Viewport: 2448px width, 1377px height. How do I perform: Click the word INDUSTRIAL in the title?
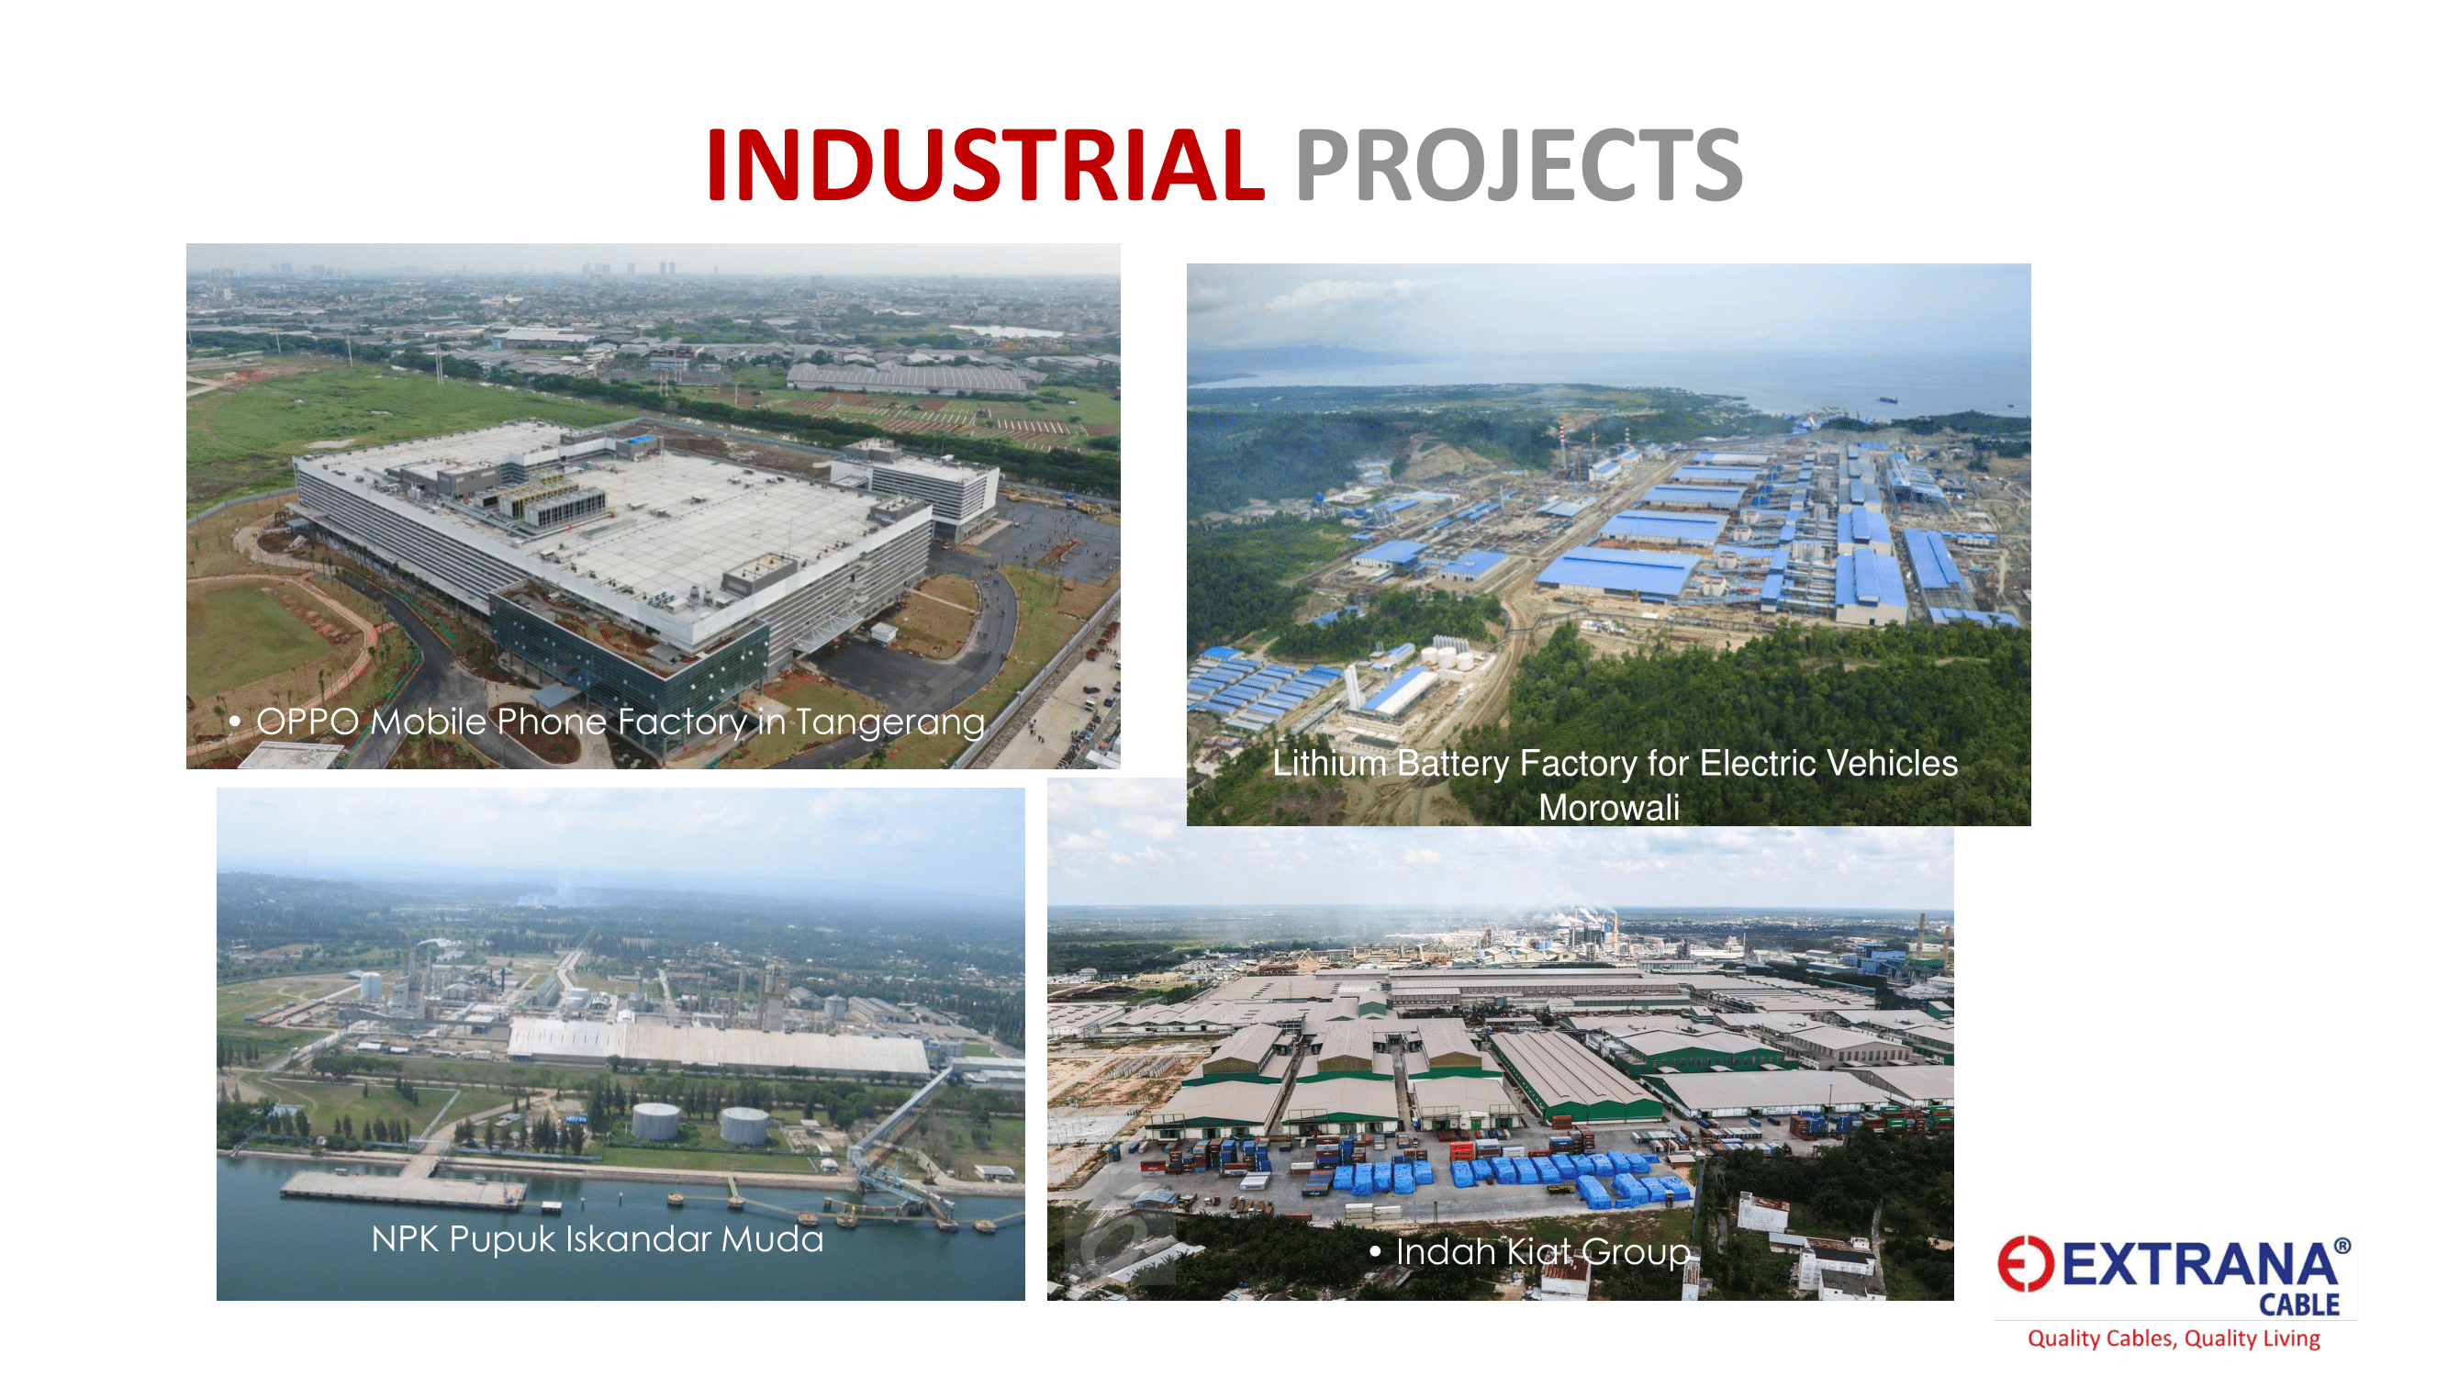[x=986, y=165]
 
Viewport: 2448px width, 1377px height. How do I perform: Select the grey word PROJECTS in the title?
[x=1518, y=165]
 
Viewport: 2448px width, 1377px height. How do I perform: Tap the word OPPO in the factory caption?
[x=307, y=722]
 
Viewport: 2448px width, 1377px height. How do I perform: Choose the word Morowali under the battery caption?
[x=1609, y=808]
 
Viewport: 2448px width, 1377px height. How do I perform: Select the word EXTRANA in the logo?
[x=2199, y=1265]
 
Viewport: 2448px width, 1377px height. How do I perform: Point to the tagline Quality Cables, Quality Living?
[x=2174, y=1338]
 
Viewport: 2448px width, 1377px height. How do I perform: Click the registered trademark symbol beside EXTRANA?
[x=2342, y=1245]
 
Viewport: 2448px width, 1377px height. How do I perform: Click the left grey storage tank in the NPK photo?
[x=655, y=1122]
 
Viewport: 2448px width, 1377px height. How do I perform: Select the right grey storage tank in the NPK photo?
[x=744, y=1125]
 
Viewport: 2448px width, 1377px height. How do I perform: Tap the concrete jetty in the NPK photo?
[x=403, y=1187]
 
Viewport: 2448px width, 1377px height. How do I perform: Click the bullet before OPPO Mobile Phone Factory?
[x=235, y=722]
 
